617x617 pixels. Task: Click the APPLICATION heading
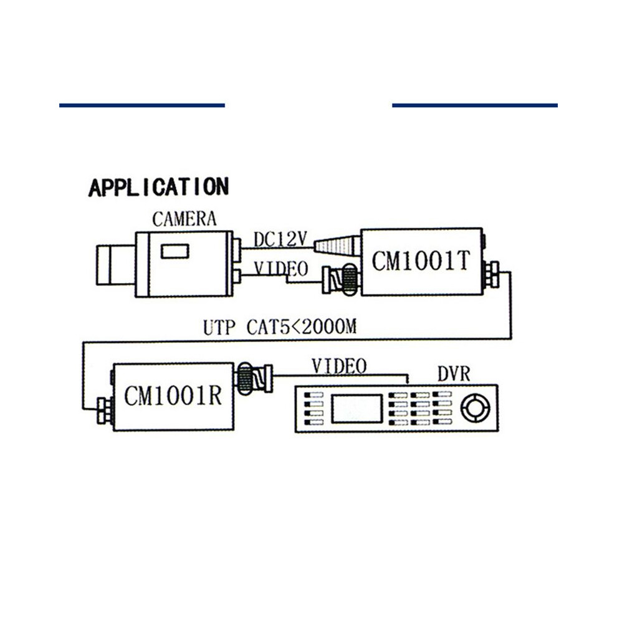(x=158, y=188)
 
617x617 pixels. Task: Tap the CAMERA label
(x=184, y=219)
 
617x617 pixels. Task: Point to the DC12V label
(x=280, y=239)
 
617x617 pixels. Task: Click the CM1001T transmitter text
(x=421, y=261)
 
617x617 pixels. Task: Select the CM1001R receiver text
(x=173, y=396)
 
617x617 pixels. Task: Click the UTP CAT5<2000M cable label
(x=280, y=327)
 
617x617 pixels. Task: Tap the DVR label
(x=454, y=374)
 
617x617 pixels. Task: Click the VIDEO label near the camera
(x=281, y=269)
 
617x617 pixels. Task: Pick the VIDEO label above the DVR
(x=339, y=366)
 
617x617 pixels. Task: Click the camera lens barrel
(x=116, y=265)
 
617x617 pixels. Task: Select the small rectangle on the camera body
(x=175, y=251)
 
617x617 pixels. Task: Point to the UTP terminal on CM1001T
(x=492, y=275)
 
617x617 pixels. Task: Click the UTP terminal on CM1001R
(x=105, y=411)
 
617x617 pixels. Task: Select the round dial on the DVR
(x=476, y=408)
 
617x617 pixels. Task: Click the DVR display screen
(x=357, y=409)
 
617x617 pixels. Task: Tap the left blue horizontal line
(x=142, y=105)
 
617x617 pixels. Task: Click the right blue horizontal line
(x=475, y=105)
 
